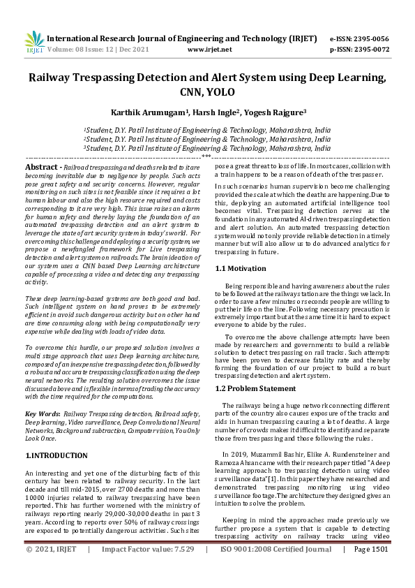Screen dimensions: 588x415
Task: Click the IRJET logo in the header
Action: click(33, 42)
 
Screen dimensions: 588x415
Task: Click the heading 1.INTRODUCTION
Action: click(56, 455)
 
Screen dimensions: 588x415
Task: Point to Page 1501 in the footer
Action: click(370, 569)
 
